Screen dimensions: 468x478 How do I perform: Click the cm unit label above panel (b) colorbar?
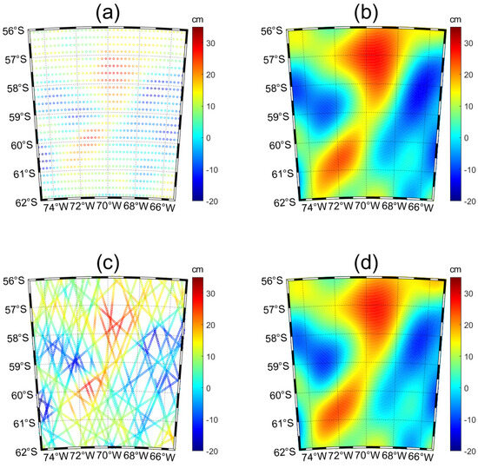458,17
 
